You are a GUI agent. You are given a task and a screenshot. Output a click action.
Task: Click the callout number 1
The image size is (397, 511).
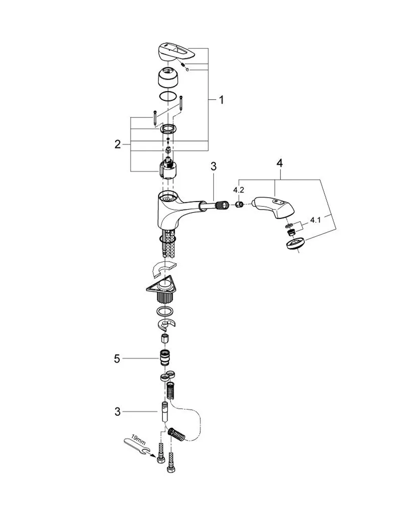(222, 100)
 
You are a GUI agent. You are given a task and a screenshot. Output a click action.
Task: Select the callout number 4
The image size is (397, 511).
(279, 163)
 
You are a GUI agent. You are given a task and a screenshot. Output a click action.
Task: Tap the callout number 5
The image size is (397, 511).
(117, 359)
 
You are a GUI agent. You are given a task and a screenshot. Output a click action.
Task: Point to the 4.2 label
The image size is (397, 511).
(239, 190)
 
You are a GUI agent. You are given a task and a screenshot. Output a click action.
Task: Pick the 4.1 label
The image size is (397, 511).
(316, 220)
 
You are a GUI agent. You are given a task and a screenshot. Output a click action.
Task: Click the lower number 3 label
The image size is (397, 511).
(118, 412)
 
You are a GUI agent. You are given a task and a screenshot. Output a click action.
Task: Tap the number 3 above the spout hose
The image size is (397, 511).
(214, 166)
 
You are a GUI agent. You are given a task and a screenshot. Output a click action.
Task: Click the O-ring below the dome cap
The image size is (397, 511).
(168, 96)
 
